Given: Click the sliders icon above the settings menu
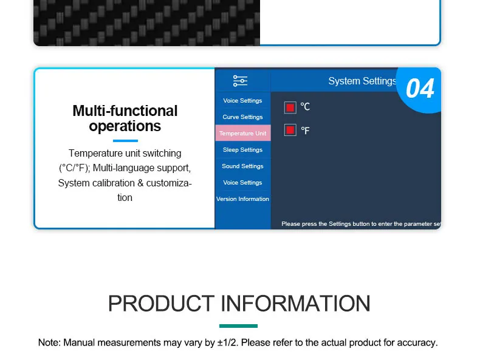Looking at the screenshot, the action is (240, 81).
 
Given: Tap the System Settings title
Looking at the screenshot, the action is (363, 81).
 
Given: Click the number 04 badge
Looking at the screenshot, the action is (420, 89).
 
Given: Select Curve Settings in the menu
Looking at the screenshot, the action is (242, 117).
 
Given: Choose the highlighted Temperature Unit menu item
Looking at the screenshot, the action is (243, 133).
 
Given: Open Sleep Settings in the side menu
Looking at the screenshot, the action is (242, 150).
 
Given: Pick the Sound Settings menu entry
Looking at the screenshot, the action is (242, 166).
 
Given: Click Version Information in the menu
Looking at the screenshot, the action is (242, 199).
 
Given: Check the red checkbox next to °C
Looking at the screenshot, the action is (290, 107).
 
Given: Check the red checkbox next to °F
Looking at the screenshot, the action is (290, 130).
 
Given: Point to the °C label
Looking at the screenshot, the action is (305, 107).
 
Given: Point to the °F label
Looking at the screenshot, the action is (305, 131).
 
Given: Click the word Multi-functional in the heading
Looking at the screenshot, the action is (125, 110).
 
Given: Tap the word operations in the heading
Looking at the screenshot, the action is (125, 126).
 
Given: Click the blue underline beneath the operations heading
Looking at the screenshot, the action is (125, 141).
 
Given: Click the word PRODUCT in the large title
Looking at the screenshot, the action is (161, 304).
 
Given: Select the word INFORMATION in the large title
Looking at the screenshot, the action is (295, 304).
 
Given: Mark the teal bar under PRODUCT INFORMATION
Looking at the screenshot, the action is (238, 326).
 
